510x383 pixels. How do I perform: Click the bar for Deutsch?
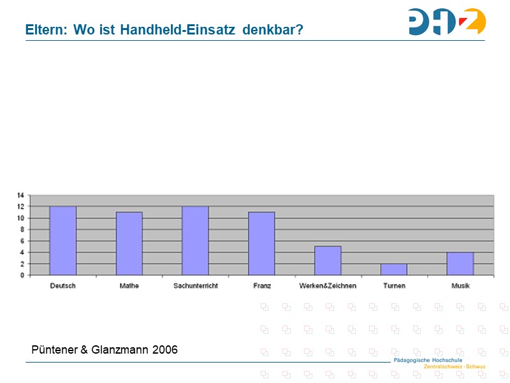pyautogui.click(x=63, y=241)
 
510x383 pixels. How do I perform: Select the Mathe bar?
pyautogui.click(x=129, y=243)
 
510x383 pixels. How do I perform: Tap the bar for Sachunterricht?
pyautogui.click(x=196, y=241)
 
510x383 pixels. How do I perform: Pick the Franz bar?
pyautogui.click(x=262, y=243)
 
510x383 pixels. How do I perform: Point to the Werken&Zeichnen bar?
pyautogui.click(x=328, y=260)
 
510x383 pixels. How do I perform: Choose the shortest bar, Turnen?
pyautogui.click(x=394, y=269)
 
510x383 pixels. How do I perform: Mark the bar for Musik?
pyautogui.click(x=460, y=264)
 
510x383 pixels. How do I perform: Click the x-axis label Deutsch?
pyautogui.click(x=63, y=286)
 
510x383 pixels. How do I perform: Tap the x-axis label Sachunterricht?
pyautogui.click(x=196, y=286)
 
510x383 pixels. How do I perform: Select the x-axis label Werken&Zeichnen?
pyautogui.click(x=328, y=286)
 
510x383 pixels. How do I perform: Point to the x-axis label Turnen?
pyautogui.click(x=394, y=286)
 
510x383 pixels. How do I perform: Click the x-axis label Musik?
pyautogui.click(x=460, y=286)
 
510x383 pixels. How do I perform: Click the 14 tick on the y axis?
pyautogui.click(x=20, y=195)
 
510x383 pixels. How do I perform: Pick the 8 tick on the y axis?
pyautogui.click(x=22, y=229)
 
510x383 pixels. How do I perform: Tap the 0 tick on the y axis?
pyautogui.click(x=22, y=275)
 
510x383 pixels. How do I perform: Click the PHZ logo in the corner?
pyautogui.click(x=447, y=22)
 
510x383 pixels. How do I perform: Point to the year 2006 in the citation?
pyautogui.click(x=164, y=350)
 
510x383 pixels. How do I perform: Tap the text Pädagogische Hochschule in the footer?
pyautogui.click(x=428, y=361)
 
